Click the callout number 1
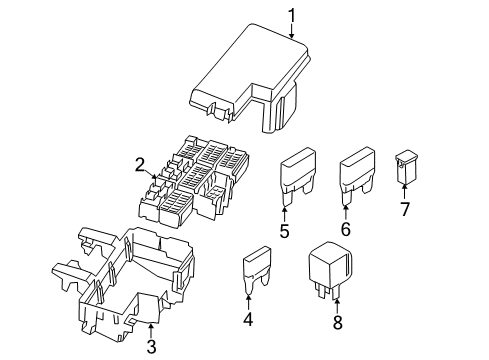point(293,15)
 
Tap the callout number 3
point(152,347)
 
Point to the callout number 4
point(249,321)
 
